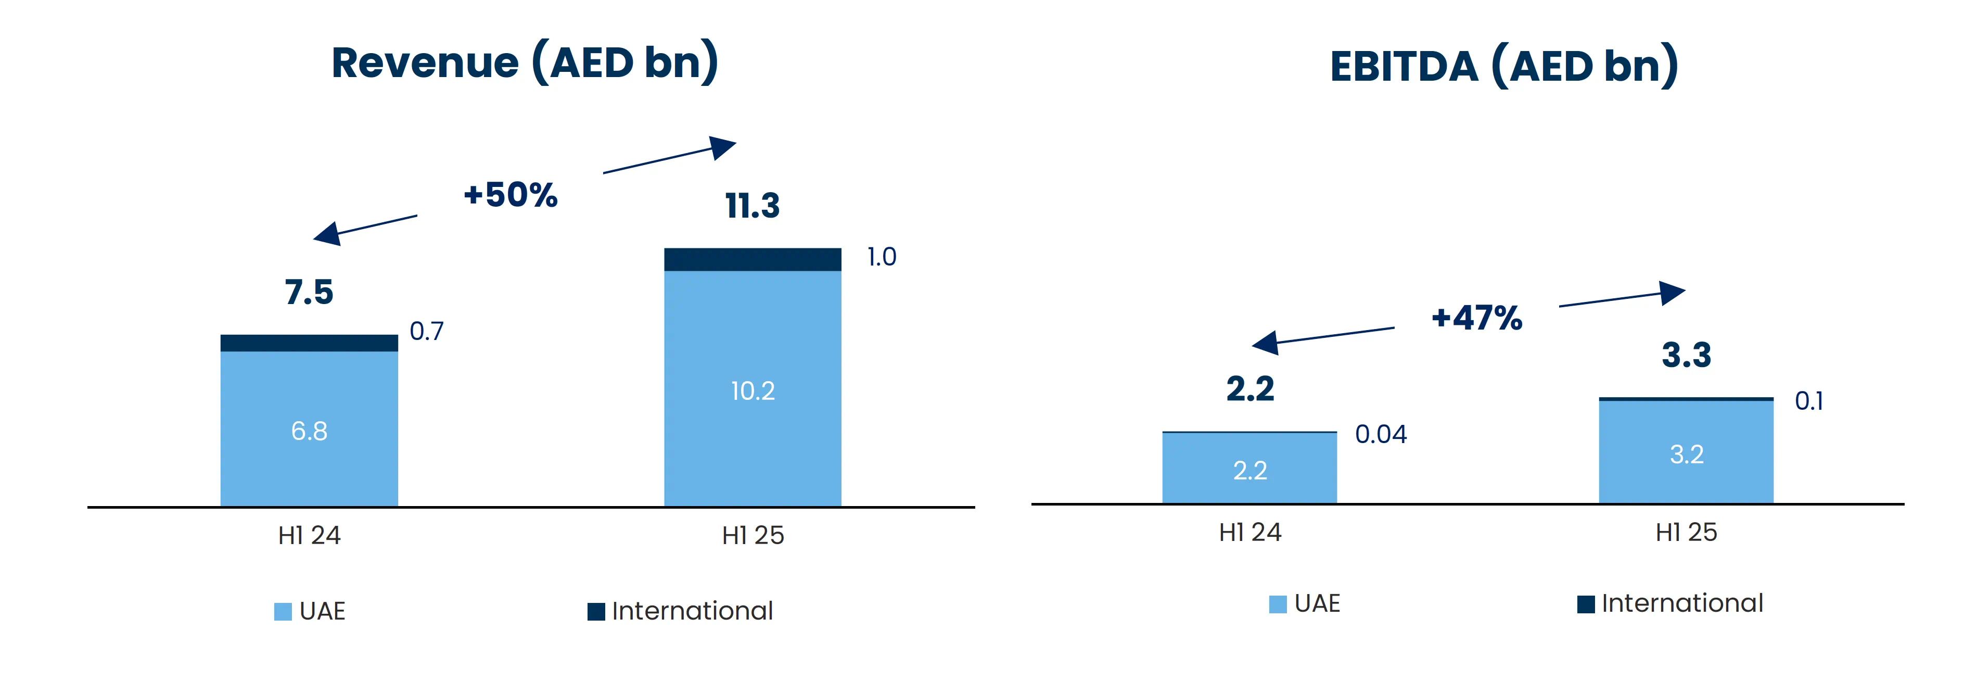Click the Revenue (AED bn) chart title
[x=525, y=62]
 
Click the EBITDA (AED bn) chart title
[x=1503, y=66]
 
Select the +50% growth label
[x=510, y=195]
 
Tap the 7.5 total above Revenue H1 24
[x=309, y=292]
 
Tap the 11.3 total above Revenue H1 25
[x=753, y=206]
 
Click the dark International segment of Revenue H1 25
[x=753, y=259]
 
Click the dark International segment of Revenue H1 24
[x=309, y=343]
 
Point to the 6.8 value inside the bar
[x=309, y=432]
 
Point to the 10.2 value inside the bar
[x=753, y=391]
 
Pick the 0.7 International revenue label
[x=426, y=331]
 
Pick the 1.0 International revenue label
[x=882, y=257]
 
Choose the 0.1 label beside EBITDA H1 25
[x=1808, y=401]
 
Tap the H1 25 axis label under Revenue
[x=753, y=535]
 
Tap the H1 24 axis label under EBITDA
[x=1249, y=532]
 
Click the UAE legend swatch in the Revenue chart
[x=283, y=612]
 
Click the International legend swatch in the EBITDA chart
[x=1586, y=604]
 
